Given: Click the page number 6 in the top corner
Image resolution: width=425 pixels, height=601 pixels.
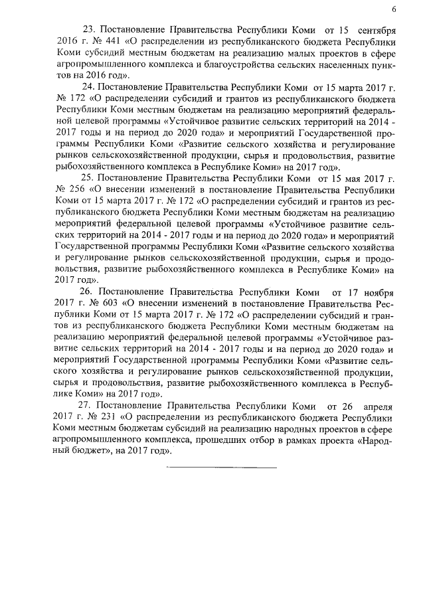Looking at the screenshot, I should (394, 9).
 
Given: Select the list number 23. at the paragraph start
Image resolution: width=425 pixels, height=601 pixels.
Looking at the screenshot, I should (88, 31).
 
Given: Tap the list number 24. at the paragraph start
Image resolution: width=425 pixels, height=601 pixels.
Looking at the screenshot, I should (88, 86).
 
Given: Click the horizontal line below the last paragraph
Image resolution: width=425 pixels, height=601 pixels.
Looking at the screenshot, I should (221, 467).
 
